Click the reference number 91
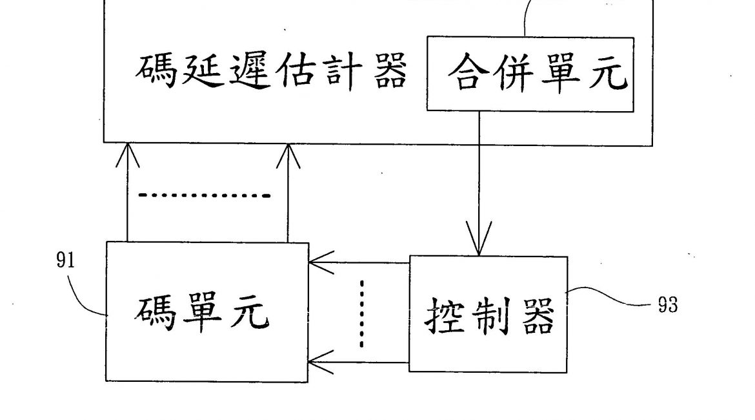(x=66, y=260)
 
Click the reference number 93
(x=668, y=305)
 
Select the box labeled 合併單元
(x=530, y=74)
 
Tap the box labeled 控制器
(x=488, y=315)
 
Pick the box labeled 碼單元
(x=207, y=311)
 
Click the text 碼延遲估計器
(x=271, y=72)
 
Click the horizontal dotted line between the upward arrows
(x=205, y=194)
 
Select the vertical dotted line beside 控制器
(x=361, y=313)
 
